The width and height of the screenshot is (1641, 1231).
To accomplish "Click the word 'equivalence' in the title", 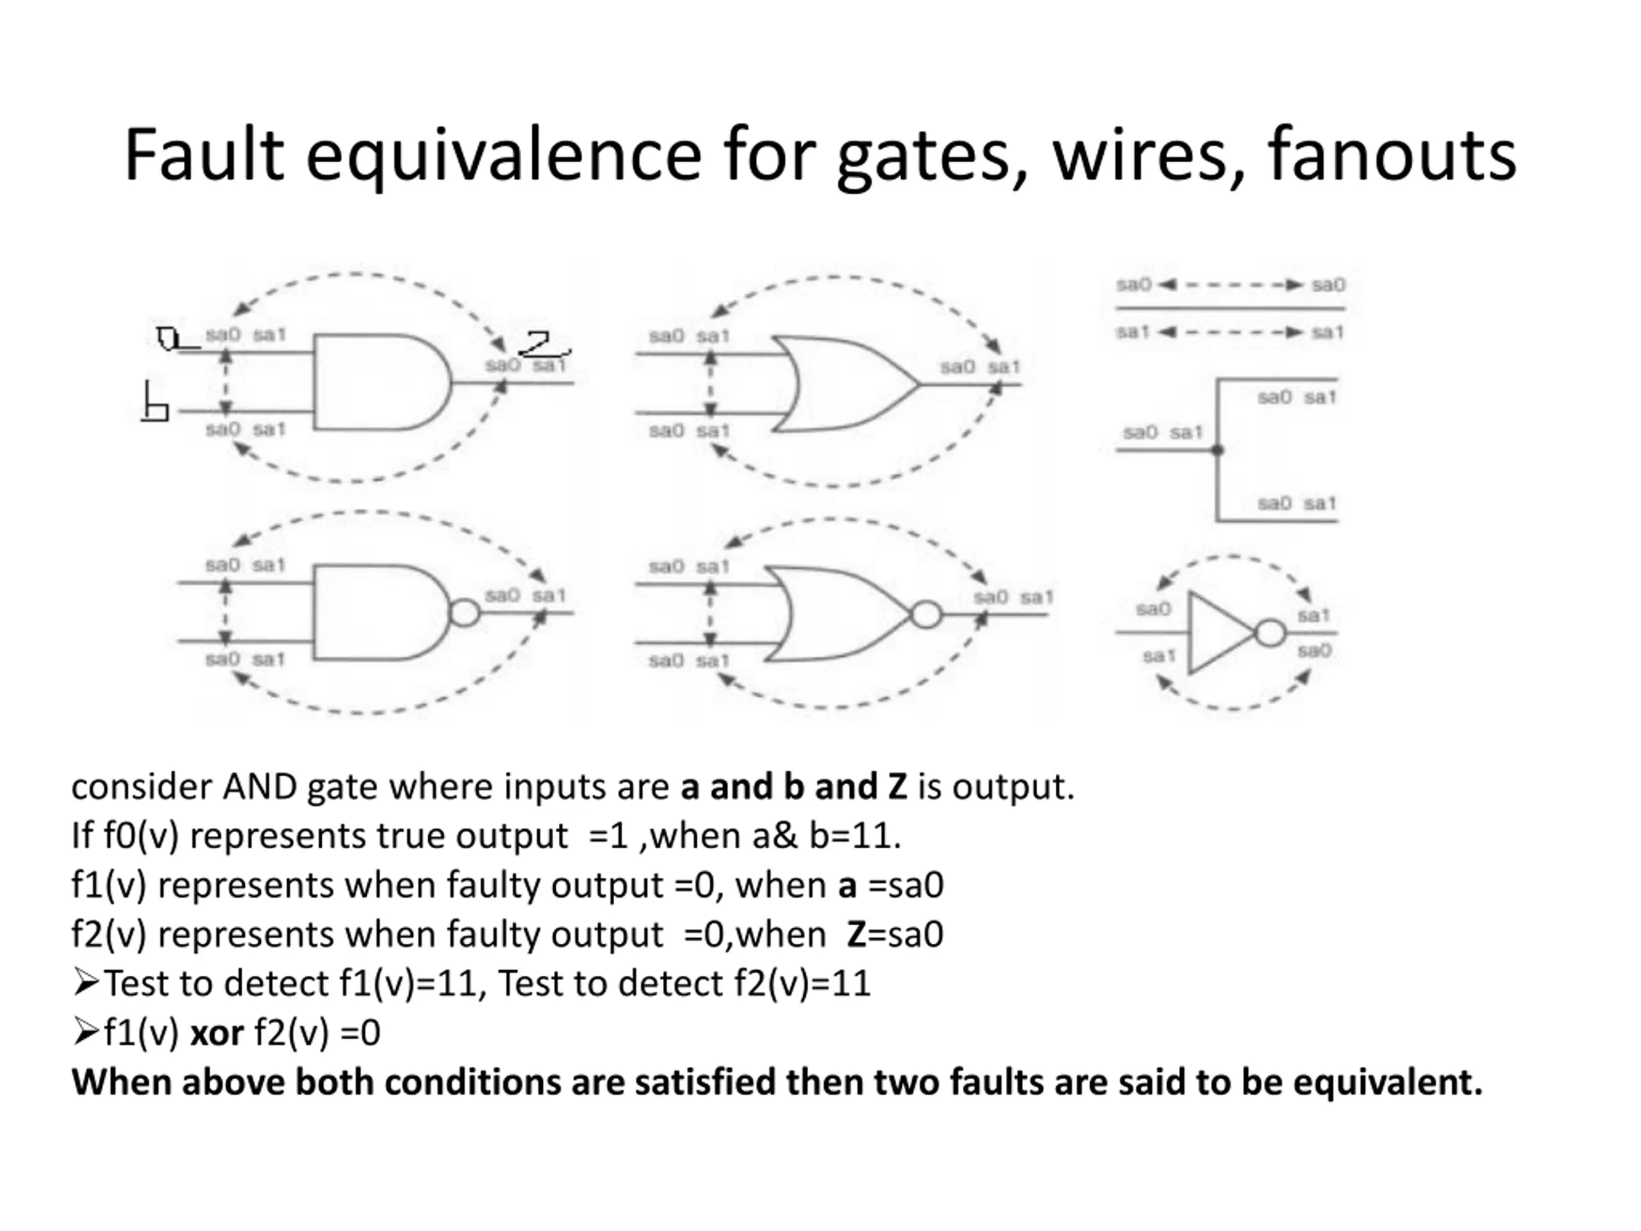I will (x=503, y=156).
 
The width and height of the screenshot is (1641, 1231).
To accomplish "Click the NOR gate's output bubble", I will (x=926, y=615).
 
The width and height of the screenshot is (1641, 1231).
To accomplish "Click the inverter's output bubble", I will (x=1270, y=633).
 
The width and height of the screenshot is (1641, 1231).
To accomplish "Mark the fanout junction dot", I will (x=1217, y=449).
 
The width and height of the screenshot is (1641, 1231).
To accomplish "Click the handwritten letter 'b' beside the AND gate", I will (x=156, y=403).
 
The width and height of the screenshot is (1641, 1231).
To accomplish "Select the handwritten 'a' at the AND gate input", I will (x=170, y=339).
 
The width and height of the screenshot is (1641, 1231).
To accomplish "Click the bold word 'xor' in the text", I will (x=217, y=1033).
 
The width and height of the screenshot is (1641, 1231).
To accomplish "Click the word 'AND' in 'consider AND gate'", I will (x=260, y=787).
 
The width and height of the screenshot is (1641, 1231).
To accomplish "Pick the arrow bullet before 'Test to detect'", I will (x=86, y=983).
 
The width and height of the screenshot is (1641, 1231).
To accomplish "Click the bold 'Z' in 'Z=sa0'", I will (x=856, y=934).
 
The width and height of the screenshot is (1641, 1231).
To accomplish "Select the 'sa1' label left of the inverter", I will (x=1159, y=656).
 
